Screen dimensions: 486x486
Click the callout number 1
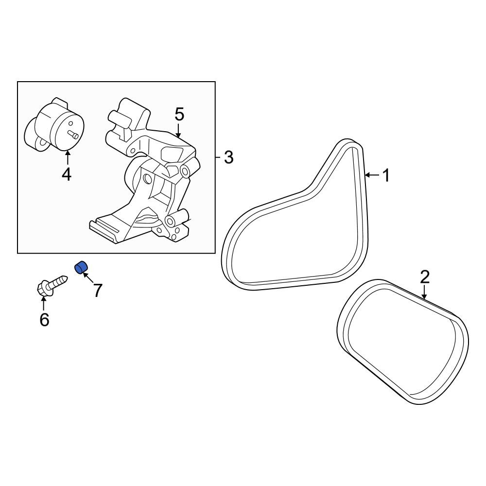click(x=386, y=175)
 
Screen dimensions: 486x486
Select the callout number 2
click(x=425, y=277)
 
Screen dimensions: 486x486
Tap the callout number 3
click(x=228, y=157)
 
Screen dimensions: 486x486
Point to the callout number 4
click(x=67, y=174)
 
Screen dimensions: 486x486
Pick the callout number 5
click(x=179, y=114)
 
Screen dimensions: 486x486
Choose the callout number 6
click(x=44, y=320)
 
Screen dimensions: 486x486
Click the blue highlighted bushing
click(x=82, y=267)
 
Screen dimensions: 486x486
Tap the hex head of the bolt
click(x=42, y=288)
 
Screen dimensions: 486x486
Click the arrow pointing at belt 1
click(x=372, y=175)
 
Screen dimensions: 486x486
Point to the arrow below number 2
click(x=424, y=292)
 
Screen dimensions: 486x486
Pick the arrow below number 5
click(x=178, y=130)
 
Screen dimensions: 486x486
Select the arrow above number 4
click(x=67, y=157)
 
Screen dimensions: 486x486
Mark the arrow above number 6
click(x=43, y=303)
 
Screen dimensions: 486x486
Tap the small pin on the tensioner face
click(x=73, y=134)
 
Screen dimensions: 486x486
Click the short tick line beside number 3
click(x=218, y=157)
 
